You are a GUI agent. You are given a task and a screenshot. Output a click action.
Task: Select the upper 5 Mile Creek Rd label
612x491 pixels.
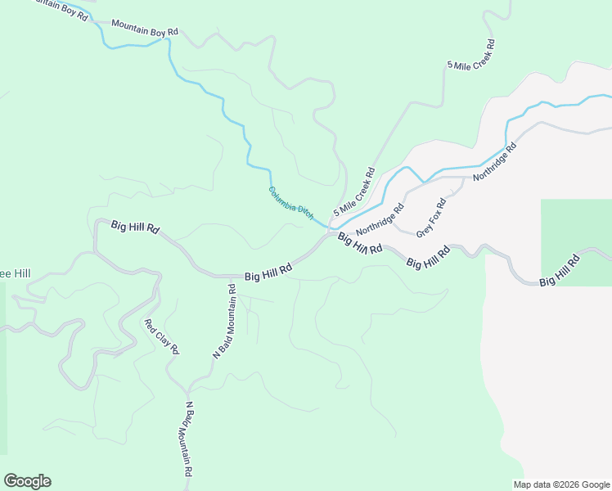coord(471,53)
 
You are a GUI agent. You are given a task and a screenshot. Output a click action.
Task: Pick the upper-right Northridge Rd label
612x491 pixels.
coord(496,161)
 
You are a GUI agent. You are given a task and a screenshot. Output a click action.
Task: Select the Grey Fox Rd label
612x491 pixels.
coord(431,218)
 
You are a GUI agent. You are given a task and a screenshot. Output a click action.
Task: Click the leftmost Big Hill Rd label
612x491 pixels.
coord(134,227)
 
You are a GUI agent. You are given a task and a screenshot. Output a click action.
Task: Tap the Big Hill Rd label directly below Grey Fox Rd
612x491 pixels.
coord(428,259)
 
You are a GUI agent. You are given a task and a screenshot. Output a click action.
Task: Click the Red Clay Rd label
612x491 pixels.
coord(161,336)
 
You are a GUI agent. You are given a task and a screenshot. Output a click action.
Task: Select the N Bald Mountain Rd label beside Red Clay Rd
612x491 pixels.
coord(224,322)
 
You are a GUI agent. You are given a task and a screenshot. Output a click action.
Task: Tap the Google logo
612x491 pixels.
coord(27,481)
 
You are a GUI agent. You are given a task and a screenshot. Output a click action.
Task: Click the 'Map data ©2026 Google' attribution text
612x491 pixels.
coord(562,484)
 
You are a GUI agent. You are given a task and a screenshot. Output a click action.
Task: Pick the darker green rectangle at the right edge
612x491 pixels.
coord(576,242)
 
